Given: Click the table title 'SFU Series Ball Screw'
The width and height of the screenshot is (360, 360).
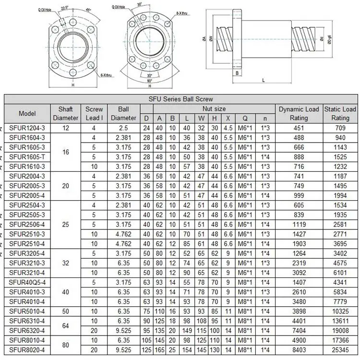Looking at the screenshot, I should [180, 99].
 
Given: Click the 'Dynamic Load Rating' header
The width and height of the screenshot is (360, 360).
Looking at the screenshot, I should [299, 114].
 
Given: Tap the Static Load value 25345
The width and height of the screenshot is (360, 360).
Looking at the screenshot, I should [340, 350].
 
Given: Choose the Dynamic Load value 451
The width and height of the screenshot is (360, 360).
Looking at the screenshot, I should [299, 128].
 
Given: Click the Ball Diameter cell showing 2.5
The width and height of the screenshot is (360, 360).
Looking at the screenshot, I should [123, 128].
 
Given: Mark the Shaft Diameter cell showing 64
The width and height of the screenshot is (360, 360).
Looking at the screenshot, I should [66, 326].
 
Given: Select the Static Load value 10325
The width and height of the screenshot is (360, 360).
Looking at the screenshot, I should [340, 312].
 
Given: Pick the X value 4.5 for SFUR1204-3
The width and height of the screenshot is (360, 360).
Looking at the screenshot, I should [228, 128].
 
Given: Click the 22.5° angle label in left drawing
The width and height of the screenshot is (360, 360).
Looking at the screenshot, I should [65, 8].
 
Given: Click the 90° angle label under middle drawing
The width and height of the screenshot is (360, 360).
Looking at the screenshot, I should [150, 80].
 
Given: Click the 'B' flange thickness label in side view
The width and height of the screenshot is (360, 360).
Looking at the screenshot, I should [237, 73].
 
